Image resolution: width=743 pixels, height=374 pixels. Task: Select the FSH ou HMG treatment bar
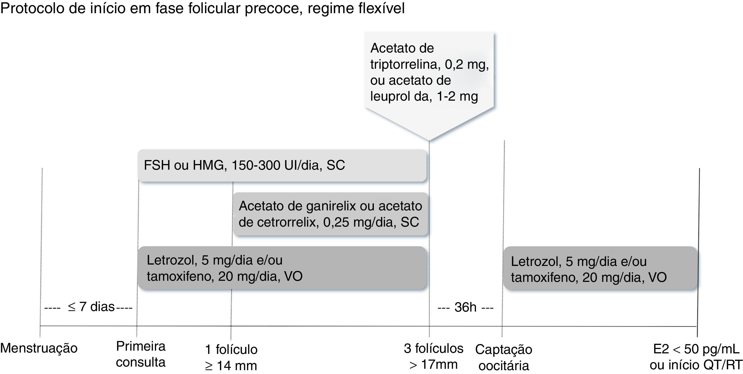pyautogui.click(x=282, y=165)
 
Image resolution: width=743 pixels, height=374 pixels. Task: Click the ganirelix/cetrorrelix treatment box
pyautogui.click(x=331, y=214)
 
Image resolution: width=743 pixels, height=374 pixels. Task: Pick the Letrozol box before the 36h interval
pyautogui.click(x=282, y=268)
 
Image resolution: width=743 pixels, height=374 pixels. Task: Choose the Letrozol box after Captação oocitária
pyautogui.click(x=600, y=269)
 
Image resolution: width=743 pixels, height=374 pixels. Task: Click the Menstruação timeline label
pyautogui.click(x=39, y=348)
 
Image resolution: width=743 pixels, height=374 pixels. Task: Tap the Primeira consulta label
pyautogui.click(x=141, y=354)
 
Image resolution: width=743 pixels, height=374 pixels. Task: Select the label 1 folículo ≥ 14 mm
pyautogui.click(x=231, y=357)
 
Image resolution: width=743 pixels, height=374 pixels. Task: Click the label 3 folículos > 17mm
pyautogui.click(x=434, y=356)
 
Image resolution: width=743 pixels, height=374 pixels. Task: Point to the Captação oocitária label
pyautogui.click(x=504, y=357)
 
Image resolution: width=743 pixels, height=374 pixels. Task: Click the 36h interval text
pyautogui.click(x=465, y=307)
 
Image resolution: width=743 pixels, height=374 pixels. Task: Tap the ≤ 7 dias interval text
pyautogui.click(x=91, y=307)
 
